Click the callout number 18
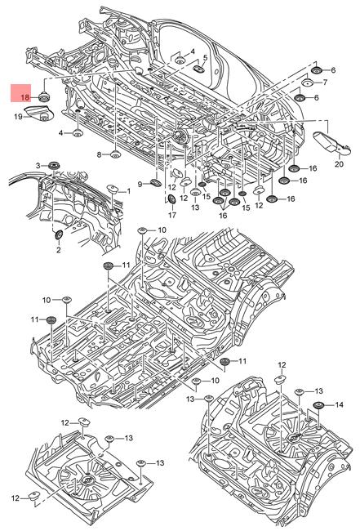click(x=25, y=98)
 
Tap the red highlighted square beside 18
click(x=20, y=93)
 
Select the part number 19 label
click(x=18, y=117)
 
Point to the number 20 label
click(x=339, y=164)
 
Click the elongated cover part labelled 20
click(x=332, y=141)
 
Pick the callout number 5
click(x=205, y=58)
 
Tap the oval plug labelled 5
click(x=198, y=69)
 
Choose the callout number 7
click(x=325, y=83)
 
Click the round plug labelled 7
click(x=308, y=83)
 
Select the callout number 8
click(x=99, y=154)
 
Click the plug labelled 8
click(x=116, y=154)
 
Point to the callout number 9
click(x=140, y=185)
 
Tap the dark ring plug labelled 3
click(x=53, y=166)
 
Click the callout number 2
click(x=58, y=250)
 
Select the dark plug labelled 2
click(x=59, y=234)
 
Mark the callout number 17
click(x=172, y=215)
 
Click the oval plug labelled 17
click(x=172, y=199)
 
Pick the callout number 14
click(x=339, y=404)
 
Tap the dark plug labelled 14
click(x=318, y=405)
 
